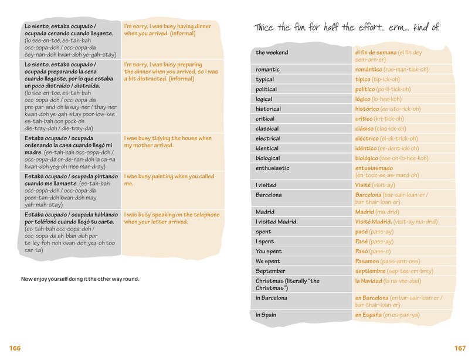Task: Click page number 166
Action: click(15, 348)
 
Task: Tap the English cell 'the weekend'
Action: click(272, 53)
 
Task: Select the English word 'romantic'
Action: click(267, 69)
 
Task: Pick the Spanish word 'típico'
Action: click(363, 79)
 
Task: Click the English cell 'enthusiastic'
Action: click(273, 168)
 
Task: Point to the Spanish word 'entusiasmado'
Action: click(374, 168)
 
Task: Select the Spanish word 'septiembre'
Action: click(369, 271)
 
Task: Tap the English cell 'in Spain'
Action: click(266, 315)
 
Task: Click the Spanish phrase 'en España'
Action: click(368, 315)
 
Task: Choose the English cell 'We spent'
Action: click(268, 261)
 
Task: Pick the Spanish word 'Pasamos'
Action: click(367, 261)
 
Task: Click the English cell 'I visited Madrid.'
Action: click(277, 222)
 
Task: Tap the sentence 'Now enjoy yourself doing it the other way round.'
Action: click(80, 279)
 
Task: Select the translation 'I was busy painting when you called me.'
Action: click(169, 180)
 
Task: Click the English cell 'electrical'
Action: click(269, 138)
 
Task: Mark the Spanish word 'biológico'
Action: click(367, 158)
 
